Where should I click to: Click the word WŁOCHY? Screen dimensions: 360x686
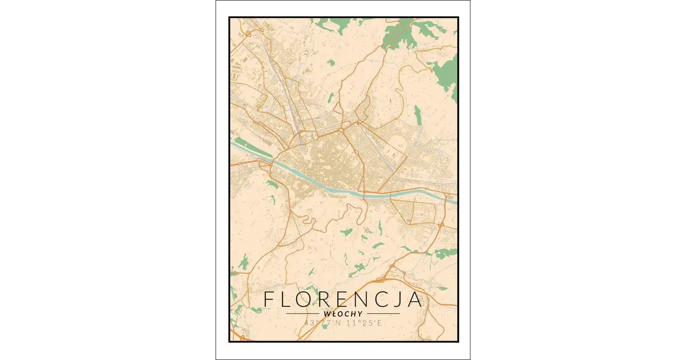click(343, 314)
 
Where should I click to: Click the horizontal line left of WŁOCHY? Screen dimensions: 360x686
click(303, 314)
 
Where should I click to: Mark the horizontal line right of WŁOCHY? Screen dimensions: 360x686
click(382, 314)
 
